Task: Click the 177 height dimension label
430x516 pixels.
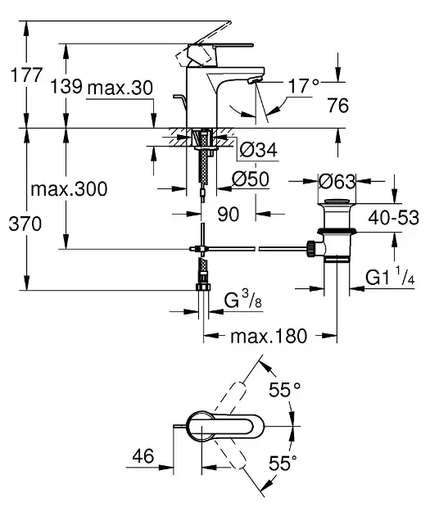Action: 27,75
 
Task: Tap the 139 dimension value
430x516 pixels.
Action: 66,87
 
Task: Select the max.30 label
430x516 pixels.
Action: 120,88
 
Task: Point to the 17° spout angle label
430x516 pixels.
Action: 303,86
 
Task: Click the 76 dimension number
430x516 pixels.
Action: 338,106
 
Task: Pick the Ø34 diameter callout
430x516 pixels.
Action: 259,150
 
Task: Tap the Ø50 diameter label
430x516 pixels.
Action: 251,179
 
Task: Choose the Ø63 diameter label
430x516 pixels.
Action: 337,181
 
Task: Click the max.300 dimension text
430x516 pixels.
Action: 69,189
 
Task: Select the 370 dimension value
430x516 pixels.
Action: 25,224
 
